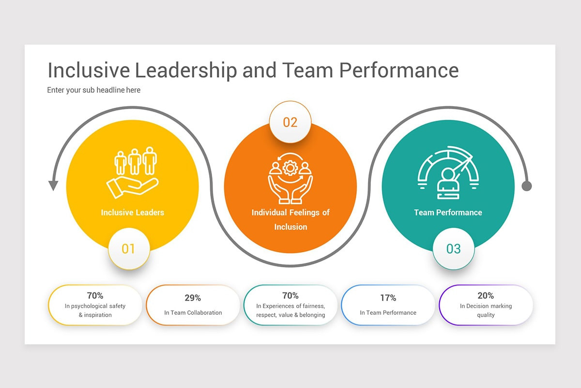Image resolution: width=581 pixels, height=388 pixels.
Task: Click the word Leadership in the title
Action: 186,70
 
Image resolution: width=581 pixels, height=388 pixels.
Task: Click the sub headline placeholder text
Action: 93,90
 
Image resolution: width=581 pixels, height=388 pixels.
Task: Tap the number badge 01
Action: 129,249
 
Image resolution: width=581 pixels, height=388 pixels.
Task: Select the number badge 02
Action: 290,122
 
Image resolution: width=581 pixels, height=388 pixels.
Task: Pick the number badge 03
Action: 454,249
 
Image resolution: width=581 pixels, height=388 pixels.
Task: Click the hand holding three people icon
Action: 133,173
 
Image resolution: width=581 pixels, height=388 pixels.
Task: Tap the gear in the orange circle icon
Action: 290,168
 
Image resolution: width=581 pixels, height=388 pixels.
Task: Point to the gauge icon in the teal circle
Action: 448,173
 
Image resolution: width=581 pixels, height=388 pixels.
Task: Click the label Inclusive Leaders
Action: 133,212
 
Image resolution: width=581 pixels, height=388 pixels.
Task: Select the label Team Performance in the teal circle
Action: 448,212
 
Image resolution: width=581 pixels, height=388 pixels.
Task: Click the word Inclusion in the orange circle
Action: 290,227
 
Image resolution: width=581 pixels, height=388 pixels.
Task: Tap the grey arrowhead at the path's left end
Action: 53,186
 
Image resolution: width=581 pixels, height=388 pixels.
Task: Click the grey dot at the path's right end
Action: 527,186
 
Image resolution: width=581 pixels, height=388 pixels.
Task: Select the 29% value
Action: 193,298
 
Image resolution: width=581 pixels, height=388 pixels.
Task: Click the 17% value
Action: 388,298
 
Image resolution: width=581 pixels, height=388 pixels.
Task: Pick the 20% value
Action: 486,295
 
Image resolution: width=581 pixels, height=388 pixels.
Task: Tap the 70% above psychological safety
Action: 95,295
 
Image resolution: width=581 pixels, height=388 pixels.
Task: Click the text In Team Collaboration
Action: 193,313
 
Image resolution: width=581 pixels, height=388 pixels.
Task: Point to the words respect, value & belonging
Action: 290,315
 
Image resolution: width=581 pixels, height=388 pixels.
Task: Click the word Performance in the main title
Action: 399,70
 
